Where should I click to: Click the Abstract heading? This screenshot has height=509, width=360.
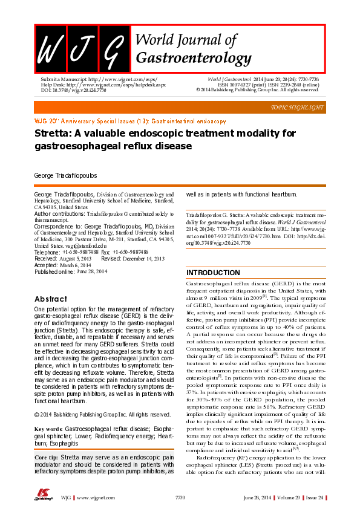tap(51, 299)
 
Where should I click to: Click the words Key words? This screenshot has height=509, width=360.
tap(49, 429)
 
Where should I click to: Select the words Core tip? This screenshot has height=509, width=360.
tap(48, 458)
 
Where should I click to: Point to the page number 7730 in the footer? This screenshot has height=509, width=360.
tap(180, 496)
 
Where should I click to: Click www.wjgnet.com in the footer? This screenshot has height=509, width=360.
tap(91, 496)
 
